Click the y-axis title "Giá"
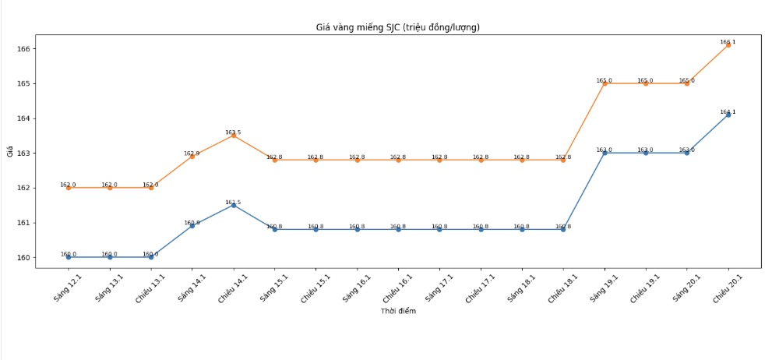(x=10, y=152)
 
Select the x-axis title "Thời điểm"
(x=397, y=312)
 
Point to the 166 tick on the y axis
(x=23, y=49)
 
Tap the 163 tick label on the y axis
(x=23, y=154)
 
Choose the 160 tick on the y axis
(x=23, y=258)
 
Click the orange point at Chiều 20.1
(x=728, y=45)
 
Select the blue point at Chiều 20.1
(x=728, y=115)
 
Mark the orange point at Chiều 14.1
(x=234, y=136)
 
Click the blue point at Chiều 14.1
(x=234, y=205)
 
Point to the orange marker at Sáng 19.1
(x=605, y=83)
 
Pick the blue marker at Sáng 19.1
(x=605, y=153)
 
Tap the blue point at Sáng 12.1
(x=69, y=257)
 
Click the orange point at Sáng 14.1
(x=192, y=157)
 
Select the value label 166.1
(x=728, y=42)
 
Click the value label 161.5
(x=233, y=203)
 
